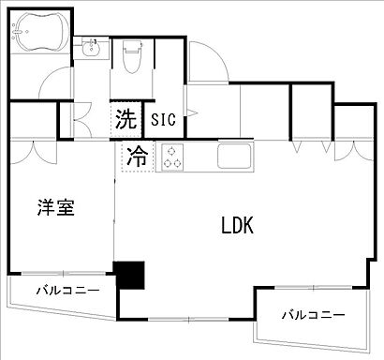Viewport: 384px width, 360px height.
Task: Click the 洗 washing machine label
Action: click(x=125, y=119)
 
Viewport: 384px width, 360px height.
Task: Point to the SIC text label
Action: click(x=162, y=119)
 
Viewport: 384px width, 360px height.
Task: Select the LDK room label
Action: click(x=239, y=226)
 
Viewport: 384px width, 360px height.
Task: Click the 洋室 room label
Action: click(x=56, y=208)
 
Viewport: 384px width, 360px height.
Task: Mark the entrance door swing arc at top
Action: click(x=211, y=61)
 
